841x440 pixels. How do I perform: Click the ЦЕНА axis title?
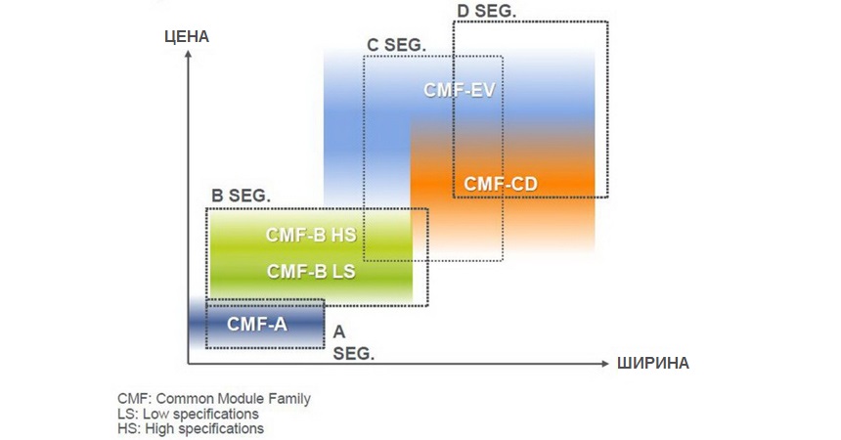pyautogui.click(x=189, y=37)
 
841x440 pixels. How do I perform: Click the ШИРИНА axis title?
pyautogui.click(x=653, y=364)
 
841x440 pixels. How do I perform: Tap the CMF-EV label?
pyautogui.click(x=460, y=90)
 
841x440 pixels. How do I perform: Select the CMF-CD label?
pyautogui.click(x=501, y=183)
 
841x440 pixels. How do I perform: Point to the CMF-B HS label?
pyautogui.click(x=311, y=235)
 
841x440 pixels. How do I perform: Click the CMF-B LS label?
pyautogui.click(x=311, y=271)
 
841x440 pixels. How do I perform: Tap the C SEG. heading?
pyautogui.click(x=396, y=45)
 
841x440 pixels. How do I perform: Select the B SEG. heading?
pyautogui.click(x=242, y=196)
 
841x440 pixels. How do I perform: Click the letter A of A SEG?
pyautogui.click(x=339, y=332)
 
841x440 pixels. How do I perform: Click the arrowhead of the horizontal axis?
pyautogui.click(x=603, y=364)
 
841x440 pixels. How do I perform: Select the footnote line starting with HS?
pyautogui.click(x=191, y=428)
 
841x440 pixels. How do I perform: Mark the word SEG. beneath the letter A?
pyautogui.click(x=353, y=352)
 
